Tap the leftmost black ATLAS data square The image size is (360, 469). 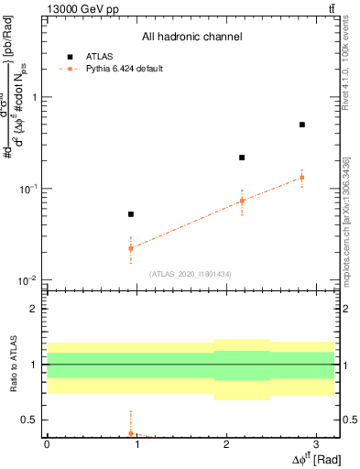coord(131,214)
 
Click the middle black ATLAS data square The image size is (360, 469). coord(242,158)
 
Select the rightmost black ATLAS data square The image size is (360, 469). coord(302,125)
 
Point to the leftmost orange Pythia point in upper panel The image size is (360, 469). coord(131,248)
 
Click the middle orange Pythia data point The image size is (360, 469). coord(242,201)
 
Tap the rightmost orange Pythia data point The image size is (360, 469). coord(302,178)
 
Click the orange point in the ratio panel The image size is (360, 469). coord(131,433)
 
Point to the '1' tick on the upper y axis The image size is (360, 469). coord(36,97)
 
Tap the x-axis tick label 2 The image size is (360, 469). coord(225,444)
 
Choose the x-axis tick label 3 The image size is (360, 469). coord(315,444)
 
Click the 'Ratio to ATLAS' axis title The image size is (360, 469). coord(12,365)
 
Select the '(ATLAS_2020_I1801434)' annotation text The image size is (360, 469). coord(191,273)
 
